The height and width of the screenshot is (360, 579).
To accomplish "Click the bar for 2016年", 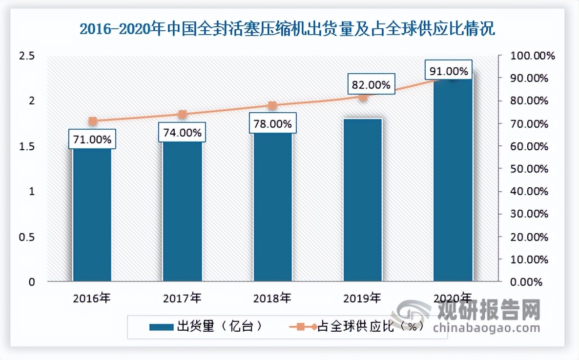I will (x=92, y=215).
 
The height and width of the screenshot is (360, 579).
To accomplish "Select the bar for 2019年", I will (x=362, y=200).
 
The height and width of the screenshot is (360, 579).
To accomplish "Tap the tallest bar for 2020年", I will (x=453, y=180).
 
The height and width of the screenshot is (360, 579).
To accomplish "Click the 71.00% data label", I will (x=92, y=140).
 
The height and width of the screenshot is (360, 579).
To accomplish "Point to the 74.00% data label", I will (x=182, y=133).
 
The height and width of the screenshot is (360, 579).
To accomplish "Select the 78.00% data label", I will (x=272, y=124).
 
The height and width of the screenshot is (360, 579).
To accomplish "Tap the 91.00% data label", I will (x=448, y=72).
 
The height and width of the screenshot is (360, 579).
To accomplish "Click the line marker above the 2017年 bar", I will (x=182, y=115).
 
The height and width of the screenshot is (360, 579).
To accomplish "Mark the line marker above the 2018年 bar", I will (x=272, y=105).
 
